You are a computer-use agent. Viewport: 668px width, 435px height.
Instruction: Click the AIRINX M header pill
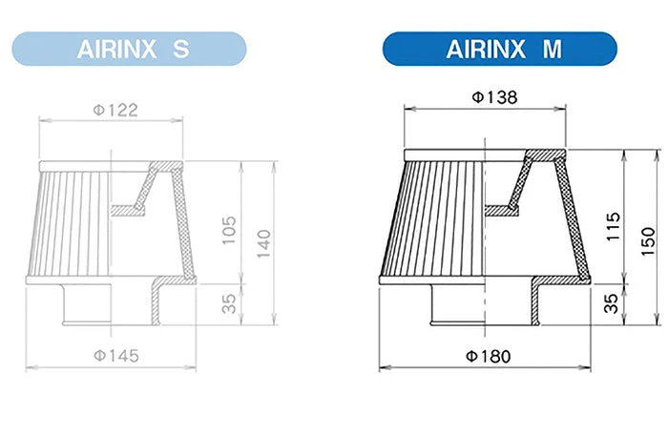point(499,50)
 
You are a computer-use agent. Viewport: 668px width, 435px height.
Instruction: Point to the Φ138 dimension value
point(492,98)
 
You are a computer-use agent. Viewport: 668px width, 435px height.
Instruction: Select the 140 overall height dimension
point(263,244)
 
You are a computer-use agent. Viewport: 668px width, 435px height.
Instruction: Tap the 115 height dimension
point(615,225)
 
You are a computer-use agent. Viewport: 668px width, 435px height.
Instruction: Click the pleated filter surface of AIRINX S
point(72,224)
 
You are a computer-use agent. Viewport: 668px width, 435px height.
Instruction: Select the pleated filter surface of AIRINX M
point(434,219)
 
